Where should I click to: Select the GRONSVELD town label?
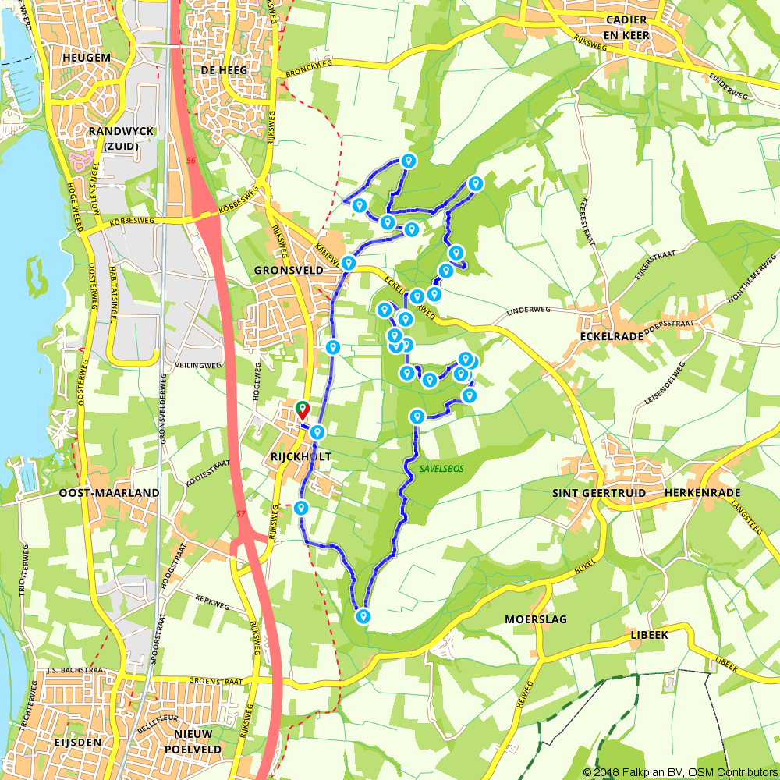click(x=282, y=270)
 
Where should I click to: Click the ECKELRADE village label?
click(x=612, y=336)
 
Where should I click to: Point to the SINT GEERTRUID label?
click(x=594, y=493)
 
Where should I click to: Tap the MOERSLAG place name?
click(x=535, y=619)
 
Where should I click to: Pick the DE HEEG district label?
click(x=224, y=70)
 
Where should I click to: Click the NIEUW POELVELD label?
click(x=199, y=742)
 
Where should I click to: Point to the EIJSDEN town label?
click(x=74, y=742)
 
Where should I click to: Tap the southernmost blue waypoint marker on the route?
click(x=363, y=615)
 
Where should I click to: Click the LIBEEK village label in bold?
click(x=649, y=635)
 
